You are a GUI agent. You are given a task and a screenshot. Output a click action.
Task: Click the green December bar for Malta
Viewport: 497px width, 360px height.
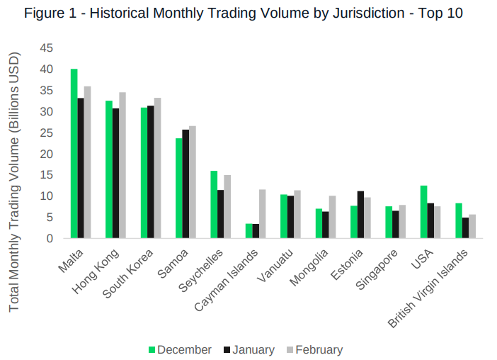tap(74, 154)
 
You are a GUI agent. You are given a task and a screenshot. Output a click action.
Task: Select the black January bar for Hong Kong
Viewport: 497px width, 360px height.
tap(115, 174)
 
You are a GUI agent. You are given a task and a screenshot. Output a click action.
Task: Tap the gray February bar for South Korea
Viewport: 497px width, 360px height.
tap(157, 168)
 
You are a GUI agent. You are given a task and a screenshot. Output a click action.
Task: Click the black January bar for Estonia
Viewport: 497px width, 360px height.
tap(360, 215)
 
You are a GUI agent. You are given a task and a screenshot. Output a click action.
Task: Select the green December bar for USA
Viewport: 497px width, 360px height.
tap(423, 212)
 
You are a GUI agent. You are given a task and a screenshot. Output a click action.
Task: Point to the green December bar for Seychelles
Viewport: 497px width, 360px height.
tap(214, 205)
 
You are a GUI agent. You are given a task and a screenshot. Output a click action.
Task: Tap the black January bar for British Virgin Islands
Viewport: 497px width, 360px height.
tap(465, 227)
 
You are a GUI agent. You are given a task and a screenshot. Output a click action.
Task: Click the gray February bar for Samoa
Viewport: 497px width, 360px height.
tap(193, 182)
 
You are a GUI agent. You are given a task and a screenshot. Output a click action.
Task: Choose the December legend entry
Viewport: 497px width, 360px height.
tap(180, 349)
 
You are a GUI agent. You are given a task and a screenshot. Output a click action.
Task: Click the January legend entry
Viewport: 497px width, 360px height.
tap(248, 349)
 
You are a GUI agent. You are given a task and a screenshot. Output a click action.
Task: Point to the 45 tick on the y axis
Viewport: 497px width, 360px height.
tap(47, 48)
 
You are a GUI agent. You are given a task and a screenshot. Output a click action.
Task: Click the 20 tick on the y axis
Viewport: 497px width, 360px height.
tap(47, 154)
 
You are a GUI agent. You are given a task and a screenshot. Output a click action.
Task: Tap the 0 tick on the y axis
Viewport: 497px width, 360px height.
tap(50, 239)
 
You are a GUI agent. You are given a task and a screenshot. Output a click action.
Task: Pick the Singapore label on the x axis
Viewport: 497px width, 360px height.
tap(377, 267)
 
